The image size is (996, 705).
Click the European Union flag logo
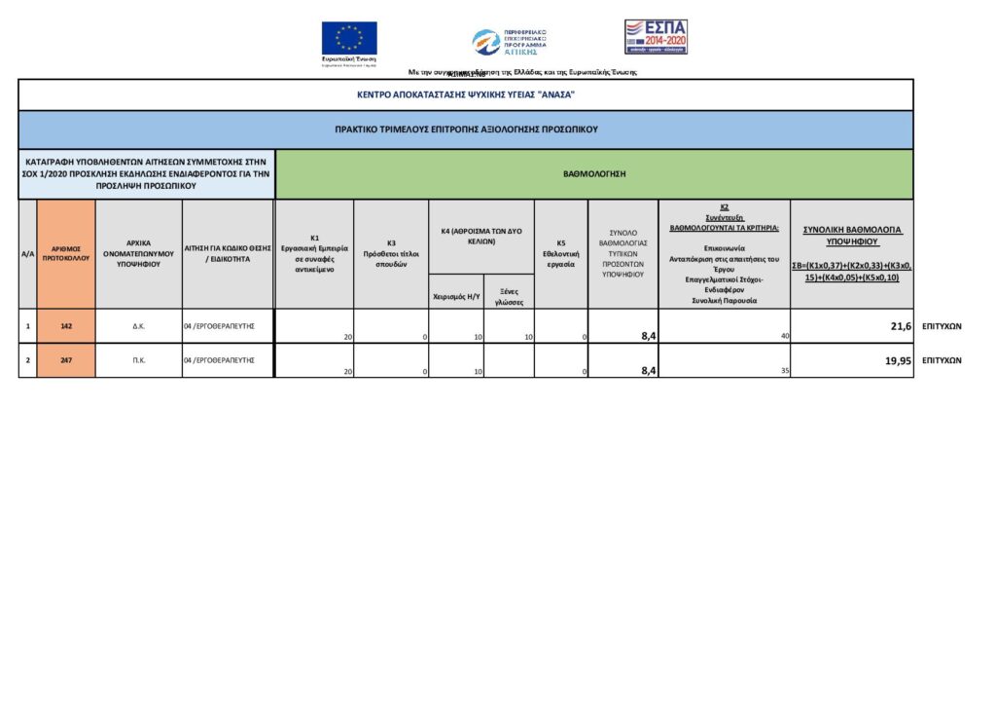coord(349,39)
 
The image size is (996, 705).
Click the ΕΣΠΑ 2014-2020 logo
coord(656,36)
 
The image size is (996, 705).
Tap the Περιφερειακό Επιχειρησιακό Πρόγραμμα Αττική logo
coord(510,41)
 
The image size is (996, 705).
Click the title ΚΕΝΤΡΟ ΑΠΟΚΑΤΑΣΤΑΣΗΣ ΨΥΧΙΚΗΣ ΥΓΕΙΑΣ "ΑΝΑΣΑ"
coord(466,94)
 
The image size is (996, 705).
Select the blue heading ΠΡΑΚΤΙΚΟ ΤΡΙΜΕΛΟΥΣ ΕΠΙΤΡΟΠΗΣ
coord(466,129)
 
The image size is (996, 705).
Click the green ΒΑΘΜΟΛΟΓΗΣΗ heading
coord(594,173)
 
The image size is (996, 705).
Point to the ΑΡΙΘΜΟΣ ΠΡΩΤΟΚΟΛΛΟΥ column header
coord(66,253)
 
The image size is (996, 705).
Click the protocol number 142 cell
coord(66,325)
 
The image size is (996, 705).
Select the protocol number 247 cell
coord(66,360)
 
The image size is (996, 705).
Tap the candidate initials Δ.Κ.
coord(139,325)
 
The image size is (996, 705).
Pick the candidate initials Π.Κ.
coord(139,360)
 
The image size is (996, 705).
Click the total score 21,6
coord(901,326)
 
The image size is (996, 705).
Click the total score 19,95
coord(896,360)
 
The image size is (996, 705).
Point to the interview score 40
coord(783,336)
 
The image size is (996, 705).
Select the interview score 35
coord(784,370)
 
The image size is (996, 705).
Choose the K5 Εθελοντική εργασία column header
coord(560,253)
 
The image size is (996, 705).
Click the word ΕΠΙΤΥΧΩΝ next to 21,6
coord(941,326)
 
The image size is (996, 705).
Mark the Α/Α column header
coord(28,253)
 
